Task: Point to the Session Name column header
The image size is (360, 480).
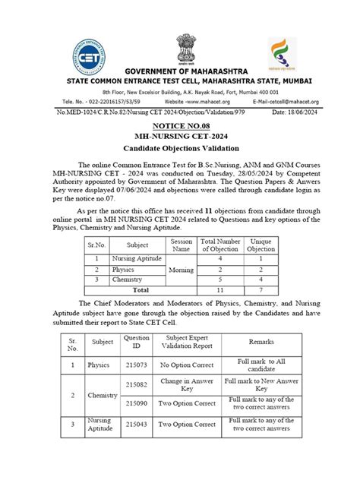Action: [x=181, y=245]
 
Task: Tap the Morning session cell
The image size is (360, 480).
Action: [x=181, y=269]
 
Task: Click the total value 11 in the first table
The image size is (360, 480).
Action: [x=219, y=289]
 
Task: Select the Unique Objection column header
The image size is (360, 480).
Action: [x=261, y=245]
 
